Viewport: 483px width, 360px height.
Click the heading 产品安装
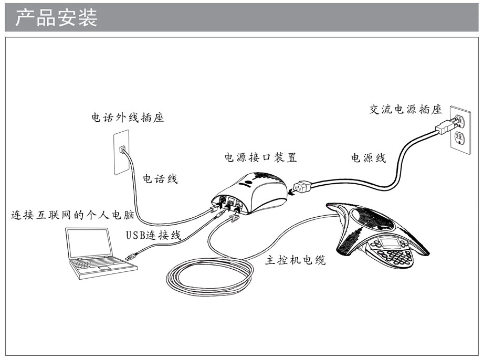coord(56,18)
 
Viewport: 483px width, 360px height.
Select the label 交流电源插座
coord(405,110)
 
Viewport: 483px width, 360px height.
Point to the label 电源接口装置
coord(260,157)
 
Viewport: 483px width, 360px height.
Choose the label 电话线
coord(161,179)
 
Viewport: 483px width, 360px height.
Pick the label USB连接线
coord(153,235)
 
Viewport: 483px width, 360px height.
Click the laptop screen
coord(90,242)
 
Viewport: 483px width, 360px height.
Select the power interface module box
coord(251,189)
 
